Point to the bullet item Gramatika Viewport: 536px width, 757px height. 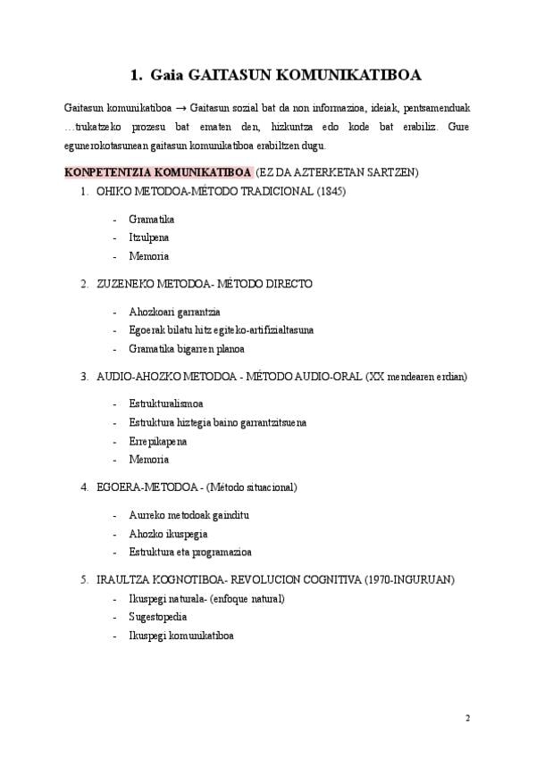[x=151, y=219]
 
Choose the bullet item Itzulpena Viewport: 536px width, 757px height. [x=149, y=237]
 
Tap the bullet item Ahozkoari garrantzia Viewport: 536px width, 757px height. [x=174, y=312]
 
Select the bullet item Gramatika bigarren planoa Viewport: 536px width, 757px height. [x=186, y=348]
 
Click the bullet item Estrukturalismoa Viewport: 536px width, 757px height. [x=166, y=403]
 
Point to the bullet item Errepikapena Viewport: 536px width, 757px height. [x=159, y=441]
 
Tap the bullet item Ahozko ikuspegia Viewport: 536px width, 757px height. [x=168, y=534]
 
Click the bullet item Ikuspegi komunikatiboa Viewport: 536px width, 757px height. [x=181, y=636]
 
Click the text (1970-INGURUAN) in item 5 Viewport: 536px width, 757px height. [x=408, y=580]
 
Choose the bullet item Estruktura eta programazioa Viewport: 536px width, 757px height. [x=190, y=552]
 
